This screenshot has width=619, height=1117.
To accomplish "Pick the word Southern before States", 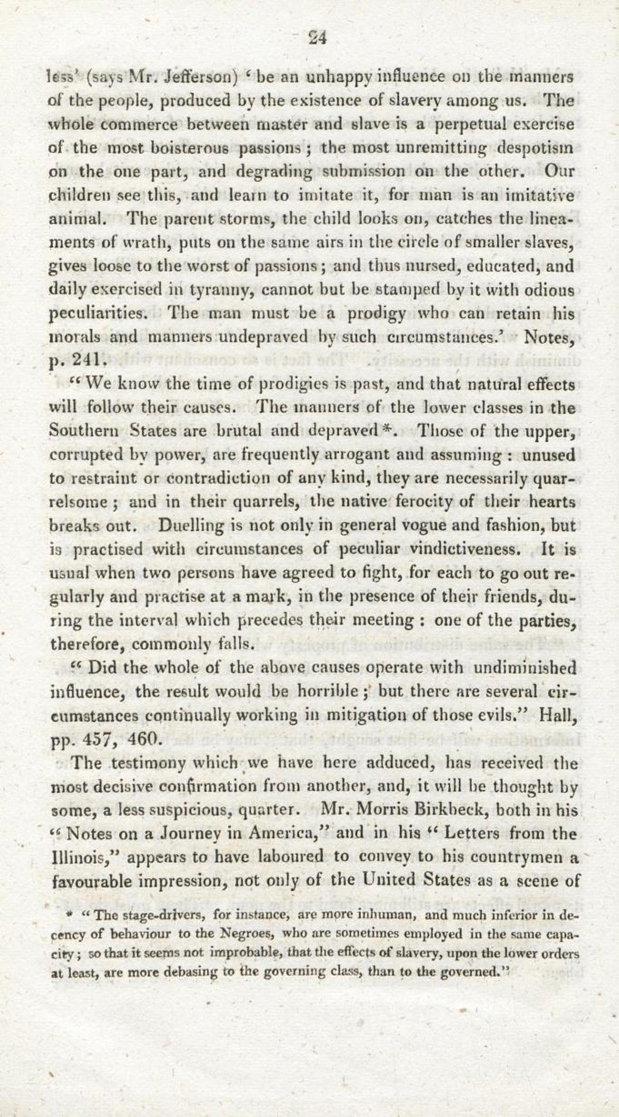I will point(85,431).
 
